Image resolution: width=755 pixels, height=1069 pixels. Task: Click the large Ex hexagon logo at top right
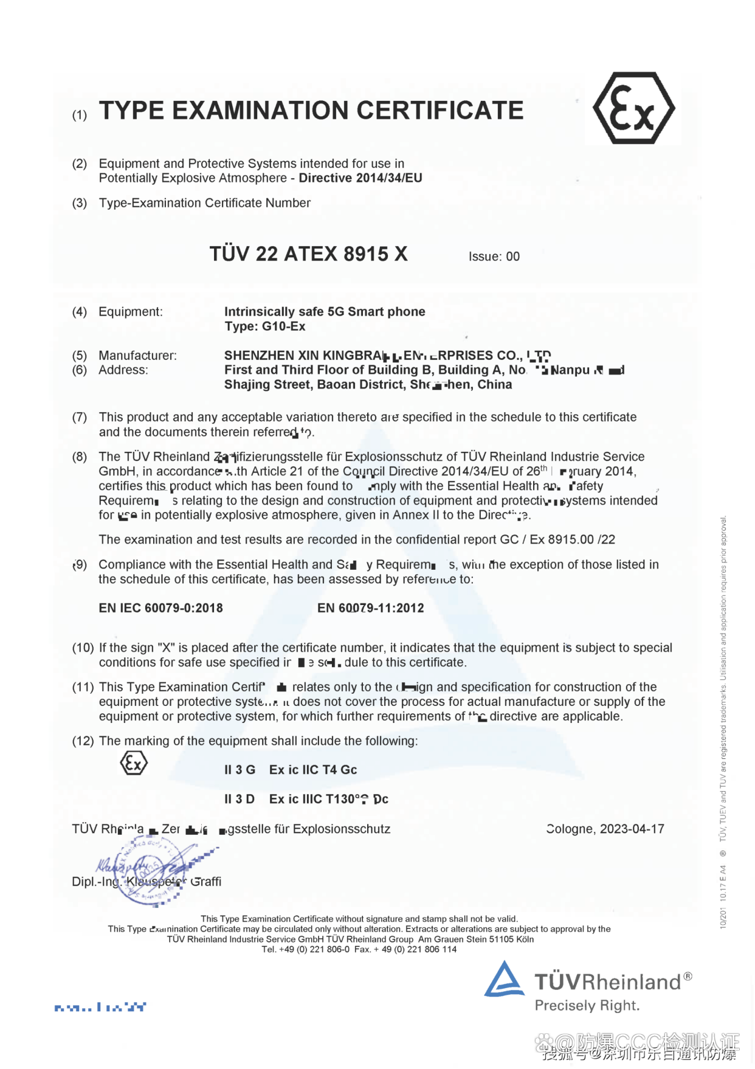(x=633, y=108)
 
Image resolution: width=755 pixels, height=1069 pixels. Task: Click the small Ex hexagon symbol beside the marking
(x=134, y=763)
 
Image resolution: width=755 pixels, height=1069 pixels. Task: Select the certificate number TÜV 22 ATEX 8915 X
(x=308, y=254)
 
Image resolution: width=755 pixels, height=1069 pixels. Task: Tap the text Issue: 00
(x=494, y=257)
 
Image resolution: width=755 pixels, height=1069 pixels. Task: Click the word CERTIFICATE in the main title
(x=440, y=111)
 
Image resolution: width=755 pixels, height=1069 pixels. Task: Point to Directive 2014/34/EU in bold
(x=360, y=178)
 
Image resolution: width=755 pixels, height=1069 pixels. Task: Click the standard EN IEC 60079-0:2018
(x=160, y=608)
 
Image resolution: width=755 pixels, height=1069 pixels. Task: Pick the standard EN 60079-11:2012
(x=370, y=608)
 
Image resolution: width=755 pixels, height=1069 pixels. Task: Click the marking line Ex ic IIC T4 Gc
(x=312, y=770)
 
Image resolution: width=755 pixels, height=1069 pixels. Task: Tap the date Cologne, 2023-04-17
(x=605, y=829)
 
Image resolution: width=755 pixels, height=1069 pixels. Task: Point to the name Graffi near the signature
(x=206, y=882)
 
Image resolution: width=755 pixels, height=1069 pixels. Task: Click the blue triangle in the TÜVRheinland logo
(x=504, y=980)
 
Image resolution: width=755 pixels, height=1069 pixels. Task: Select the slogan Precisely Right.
(x=587, y=1006)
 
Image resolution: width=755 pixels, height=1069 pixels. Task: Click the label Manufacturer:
(x=137, y=356)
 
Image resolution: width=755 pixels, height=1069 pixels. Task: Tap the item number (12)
(x=83, y=741)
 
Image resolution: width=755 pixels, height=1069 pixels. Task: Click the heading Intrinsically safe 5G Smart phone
(x=325, y=312)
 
